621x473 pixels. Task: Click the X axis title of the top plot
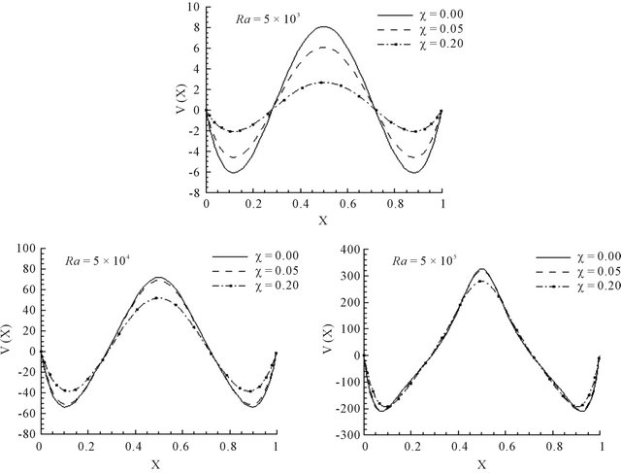pos(323,220)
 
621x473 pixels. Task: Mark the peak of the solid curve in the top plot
pos(323,27)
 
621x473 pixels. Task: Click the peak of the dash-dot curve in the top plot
pos(323,83)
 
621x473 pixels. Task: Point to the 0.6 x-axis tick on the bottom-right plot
pos(507,449)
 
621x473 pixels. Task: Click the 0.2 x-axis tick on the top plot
pos(252,207)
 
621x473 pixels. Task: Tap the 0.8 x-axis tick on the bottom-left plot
pos(229,449)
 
